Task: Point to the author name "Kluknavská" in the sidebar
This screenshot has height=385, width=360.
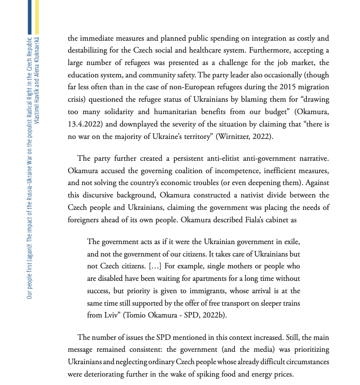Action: [x=37, y=52]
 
